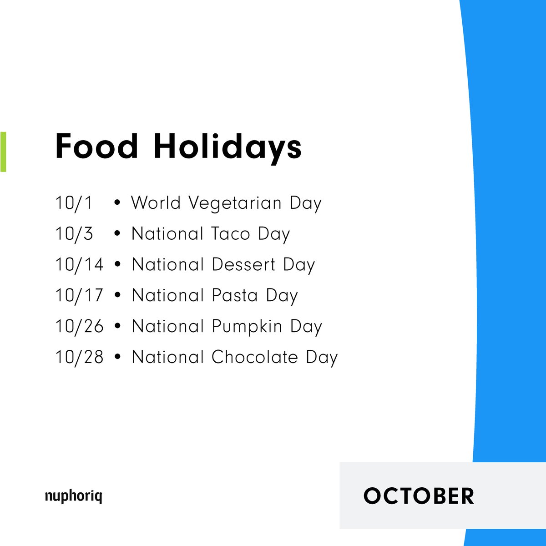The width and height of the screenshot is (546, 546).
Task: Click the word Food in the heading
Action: coord(96,147)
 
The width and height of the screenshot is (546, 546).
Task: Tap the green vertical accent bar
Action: coord(3,152)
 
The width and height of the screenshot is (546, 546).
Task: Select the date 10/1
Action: coord(74,203)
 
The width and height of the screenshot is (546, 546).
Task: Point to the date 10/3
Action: coord(74,234)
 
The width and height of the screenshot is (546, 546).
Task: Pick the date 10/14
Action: coord(79,265)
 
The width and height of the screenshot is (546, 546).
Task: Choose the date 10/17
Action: coord(79,296)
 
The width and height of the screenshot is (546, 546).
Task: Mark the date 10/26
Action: coord(79,327)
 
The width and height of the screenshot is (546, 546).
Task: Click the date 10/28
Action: coord(79,358)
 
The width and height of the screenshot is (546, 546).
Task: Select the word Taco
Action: coord(231,234)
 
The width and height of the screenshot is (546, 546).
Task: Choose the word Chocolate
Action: coord(255,358)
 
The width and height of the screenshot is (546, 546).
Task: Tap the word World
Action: coord(156,203)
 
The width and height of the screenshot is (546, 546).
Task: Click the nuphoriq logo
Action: coord(73,496)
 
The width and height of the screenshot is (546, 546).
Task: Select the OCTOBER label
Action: coord(419,496)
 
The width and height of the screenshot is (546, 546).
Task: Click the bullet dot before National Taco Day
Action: coord(118,234)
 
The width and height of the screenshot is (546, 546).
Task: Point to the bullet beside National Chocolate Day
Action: coord(118,358)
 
